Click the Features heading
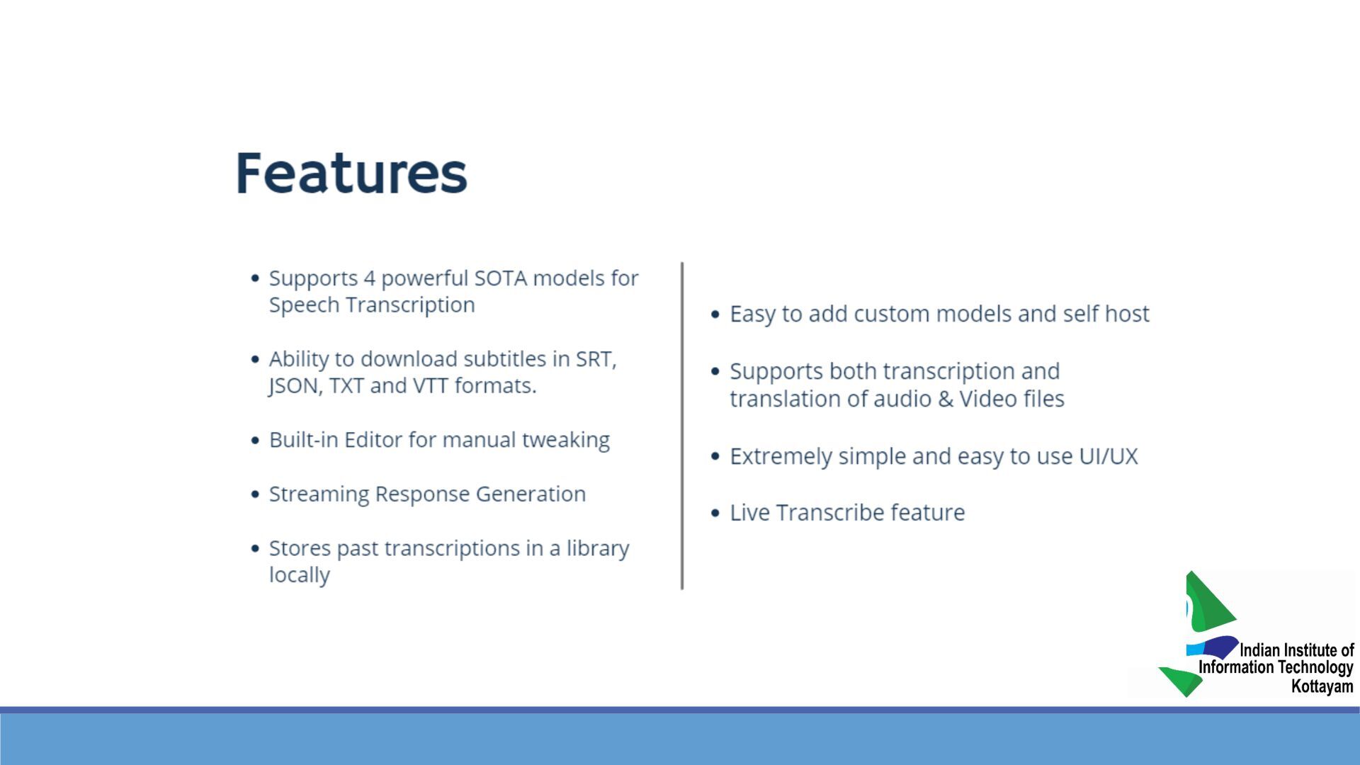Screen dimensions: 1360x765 tap(351, 173)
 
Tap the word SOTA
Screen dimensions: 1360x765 tap(500, 278)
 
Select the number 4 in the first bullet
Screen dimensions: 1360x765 tap(369, 278)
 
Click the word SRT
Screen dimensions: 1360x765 tap(596, 359)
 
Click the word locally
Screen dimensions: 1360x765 tap(299, 574)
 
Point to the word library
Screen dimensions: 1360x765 tap(597, 549)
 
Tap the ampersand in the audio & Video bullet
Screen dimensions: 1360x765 tap(946, 399)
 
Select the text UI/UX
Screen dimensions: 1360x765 tap(1108, 456)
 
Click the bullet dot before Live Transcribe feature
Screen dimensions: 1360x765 tap(715, 513)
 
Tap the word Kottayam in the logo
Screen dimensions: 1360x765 tap(1322, 686)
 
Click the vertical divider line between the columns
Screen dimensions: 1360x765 tap(682, 426)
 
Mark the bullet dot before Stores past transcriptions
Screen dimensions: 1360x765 tap(255, 548)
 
